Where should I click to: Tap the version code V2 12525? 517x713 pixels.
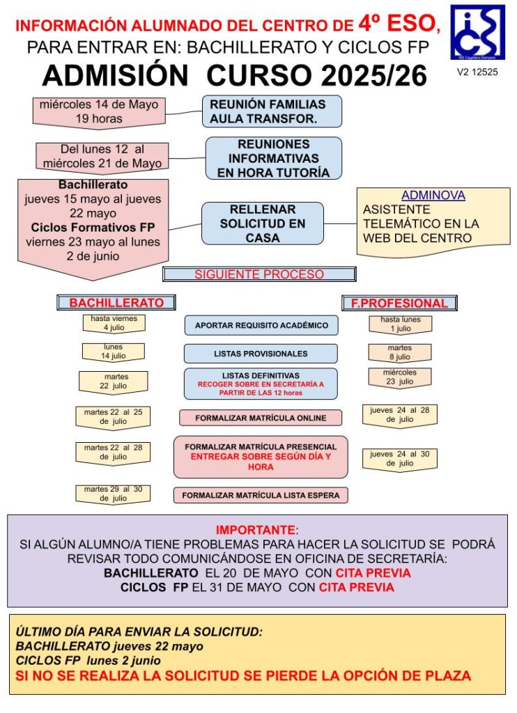(x=477, y=72)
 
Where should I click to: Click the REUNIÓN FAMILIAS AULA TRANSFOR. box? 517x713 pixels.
(x=273, y=111)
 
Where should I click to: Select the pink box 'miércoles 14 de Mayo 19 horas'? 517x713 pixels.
(x=99, y=111)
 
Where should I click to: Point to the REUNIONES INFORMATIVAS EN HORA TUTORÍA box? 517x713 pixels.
(x=273, y=157)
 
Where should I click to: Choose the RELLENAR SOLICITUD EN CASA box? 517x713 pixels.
(x=263, y=224)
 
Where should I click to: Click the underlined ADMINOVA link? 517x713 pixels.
(x=433, y=196)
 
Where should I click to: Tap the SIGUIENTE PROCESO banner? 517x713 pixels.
(x=259, y=274)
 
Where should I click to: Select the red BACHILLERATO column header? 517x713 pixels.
(x=116, y=303)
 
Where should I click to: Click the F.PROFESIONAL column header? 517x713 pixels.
(x=400, y=303)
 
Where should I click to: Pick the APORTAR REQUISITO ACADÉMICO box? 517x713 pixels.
(x=261, y=325)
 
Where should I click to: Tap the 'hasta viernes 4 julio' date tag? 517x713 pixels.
(x=114, y=323)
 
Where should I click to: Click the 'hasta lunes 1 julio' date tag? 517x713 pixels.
(x=401, y=324)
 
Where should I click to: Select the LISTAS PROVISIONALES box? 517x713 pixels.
(x=261, y=354)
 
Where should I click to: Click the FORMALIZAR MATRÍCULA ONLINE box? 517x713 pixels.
(x=261, y=418)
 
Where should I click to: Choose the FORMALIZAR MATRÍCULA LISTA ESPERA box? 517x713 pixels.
(x=261, y=495)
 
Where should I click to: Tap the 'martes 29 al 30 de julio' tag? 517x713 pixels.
(x=113, y=494)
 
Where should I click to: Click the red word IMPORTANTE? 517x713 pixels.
(x=256, y=530)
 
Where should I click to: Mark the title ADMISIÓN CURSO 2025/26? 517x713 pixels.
(x=234, y=75)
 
